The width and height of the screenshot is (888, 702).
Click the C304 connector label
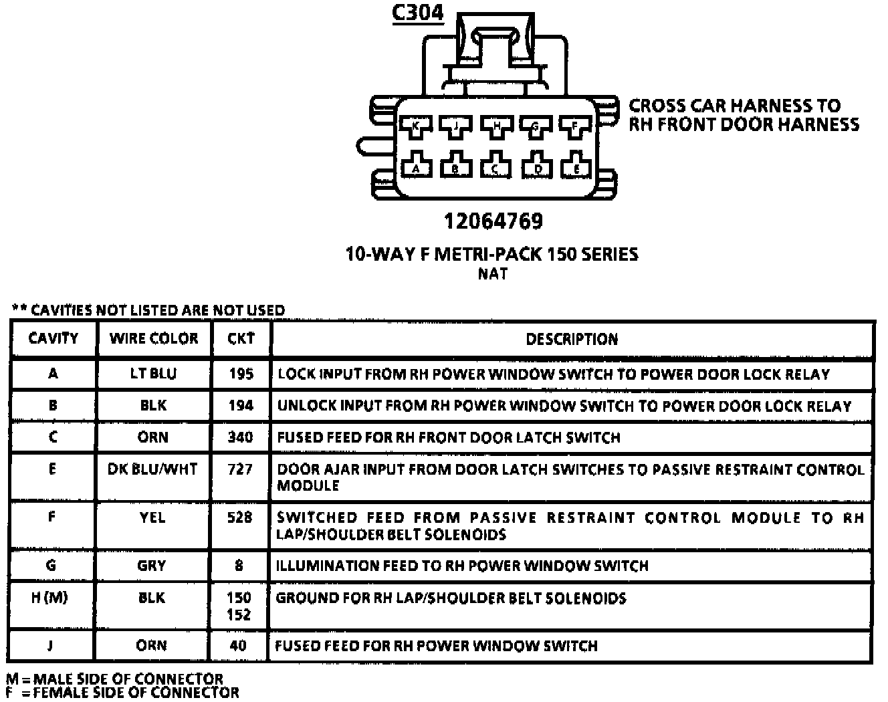(417, 13)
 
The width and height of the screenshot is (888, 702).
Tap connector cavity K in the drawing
(415, 126)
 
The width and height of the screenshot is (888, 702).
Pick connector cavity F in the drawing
(574, 126)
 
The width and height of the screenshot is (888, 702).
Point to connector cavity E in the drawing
(576, 167)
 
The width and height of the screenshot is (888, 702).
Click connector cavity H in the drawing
(495, 126)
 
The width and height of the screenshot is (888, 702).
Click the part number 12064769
(493, 221)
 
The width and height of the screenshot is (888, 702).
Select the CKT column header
(241, 338)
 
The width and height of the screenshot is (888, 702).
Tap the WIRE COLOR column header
(154, 338)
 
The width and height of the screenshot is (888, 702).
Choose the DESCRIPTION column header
(572, 339)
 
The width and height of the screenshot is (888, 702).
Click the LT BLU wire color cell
(153, 373)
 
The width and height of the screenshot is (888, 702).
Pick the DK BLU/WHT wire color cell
(152, 469)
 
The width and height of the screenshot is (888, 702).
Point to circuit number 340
(240, 437)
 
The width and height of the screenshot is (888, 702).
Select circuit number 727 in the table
(240, 469)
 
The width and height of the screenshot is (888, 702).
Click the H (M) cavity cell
(49, 598)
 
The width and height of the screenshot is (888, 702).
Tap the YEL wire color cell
(152, 517)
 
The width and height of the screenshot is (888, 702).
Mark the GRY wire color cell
(152, 566)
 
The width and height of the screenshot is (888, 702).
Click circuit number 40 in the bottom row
(238, 646)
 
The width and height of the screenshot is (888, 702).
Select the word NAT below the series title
(493, 273)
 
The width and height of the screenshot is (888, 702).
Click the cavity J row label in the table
(50, 646)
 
